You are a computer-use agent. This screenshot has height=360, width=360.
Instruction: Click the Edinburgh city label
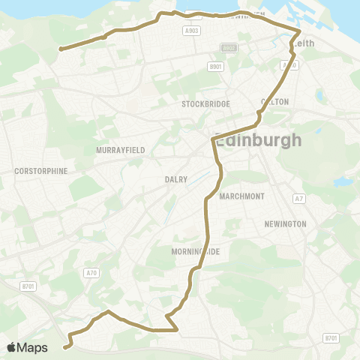(259, 140)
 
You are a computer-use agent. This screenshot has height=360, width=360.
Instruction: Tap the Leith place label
(304, 43)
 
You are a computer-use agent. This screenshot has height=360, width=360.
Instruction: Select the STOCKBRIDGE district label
(205, 104)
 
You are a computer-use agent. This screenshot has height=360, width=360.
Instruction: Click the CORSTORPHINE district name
(40, 171)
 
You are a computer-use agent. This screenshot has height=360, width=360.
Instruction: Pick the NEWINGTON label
(285, 224)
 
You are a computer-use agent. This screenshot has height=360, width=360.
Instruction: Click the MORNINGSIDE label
(195, 252)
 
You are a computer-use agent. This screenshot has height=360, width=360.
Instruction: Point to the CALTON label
(274, 101)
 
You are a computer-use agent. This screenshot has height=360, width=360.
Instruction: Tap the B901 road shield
(217, 67)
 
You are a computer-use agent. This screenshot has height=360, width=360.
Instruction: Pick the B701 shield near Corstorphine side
(28, 286)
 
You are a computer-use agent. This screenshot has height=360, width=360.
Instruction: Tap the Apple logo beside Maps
(12, 347)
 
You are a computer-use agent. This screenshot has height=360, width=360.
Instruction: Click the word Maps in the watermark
(33, 347)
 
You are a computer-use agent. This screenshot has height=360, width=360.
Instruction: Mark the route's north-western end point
(60, 49)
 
